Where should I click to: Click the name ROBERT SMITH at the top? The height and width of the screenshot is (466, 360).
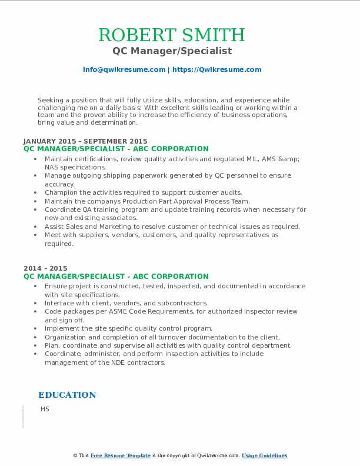(x=172, y=35)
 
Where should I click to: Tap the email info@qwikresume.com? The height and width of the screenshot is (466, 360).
(x=124, y=69)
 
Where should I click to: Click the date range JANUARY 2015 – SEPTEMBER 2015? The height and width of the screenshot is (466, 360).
(x=85, y=141)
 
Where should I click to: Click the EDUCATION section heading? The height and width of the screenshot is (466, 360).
(x=67, y=395)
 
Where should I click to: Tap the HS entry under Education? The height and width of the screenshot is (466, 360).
(x=45, y=409)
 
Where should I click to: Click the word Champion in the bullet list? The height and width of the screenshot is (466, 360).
(x=62, y=192)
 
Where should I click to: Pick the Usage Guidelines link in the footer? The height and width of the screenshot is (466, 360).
(x=264, y=455)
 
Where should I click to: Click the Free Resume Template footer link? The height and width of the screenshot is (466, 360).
(x=121, y=455)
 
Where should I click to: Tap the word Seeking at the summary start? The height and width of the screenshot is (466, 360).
(x=51, y=101)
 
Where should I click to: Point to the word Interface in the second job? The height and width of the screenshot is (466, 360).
(x=61, y=303)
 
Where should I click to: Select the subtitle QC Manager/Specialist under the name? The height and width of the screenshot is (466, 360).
(x=172, y=51)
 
